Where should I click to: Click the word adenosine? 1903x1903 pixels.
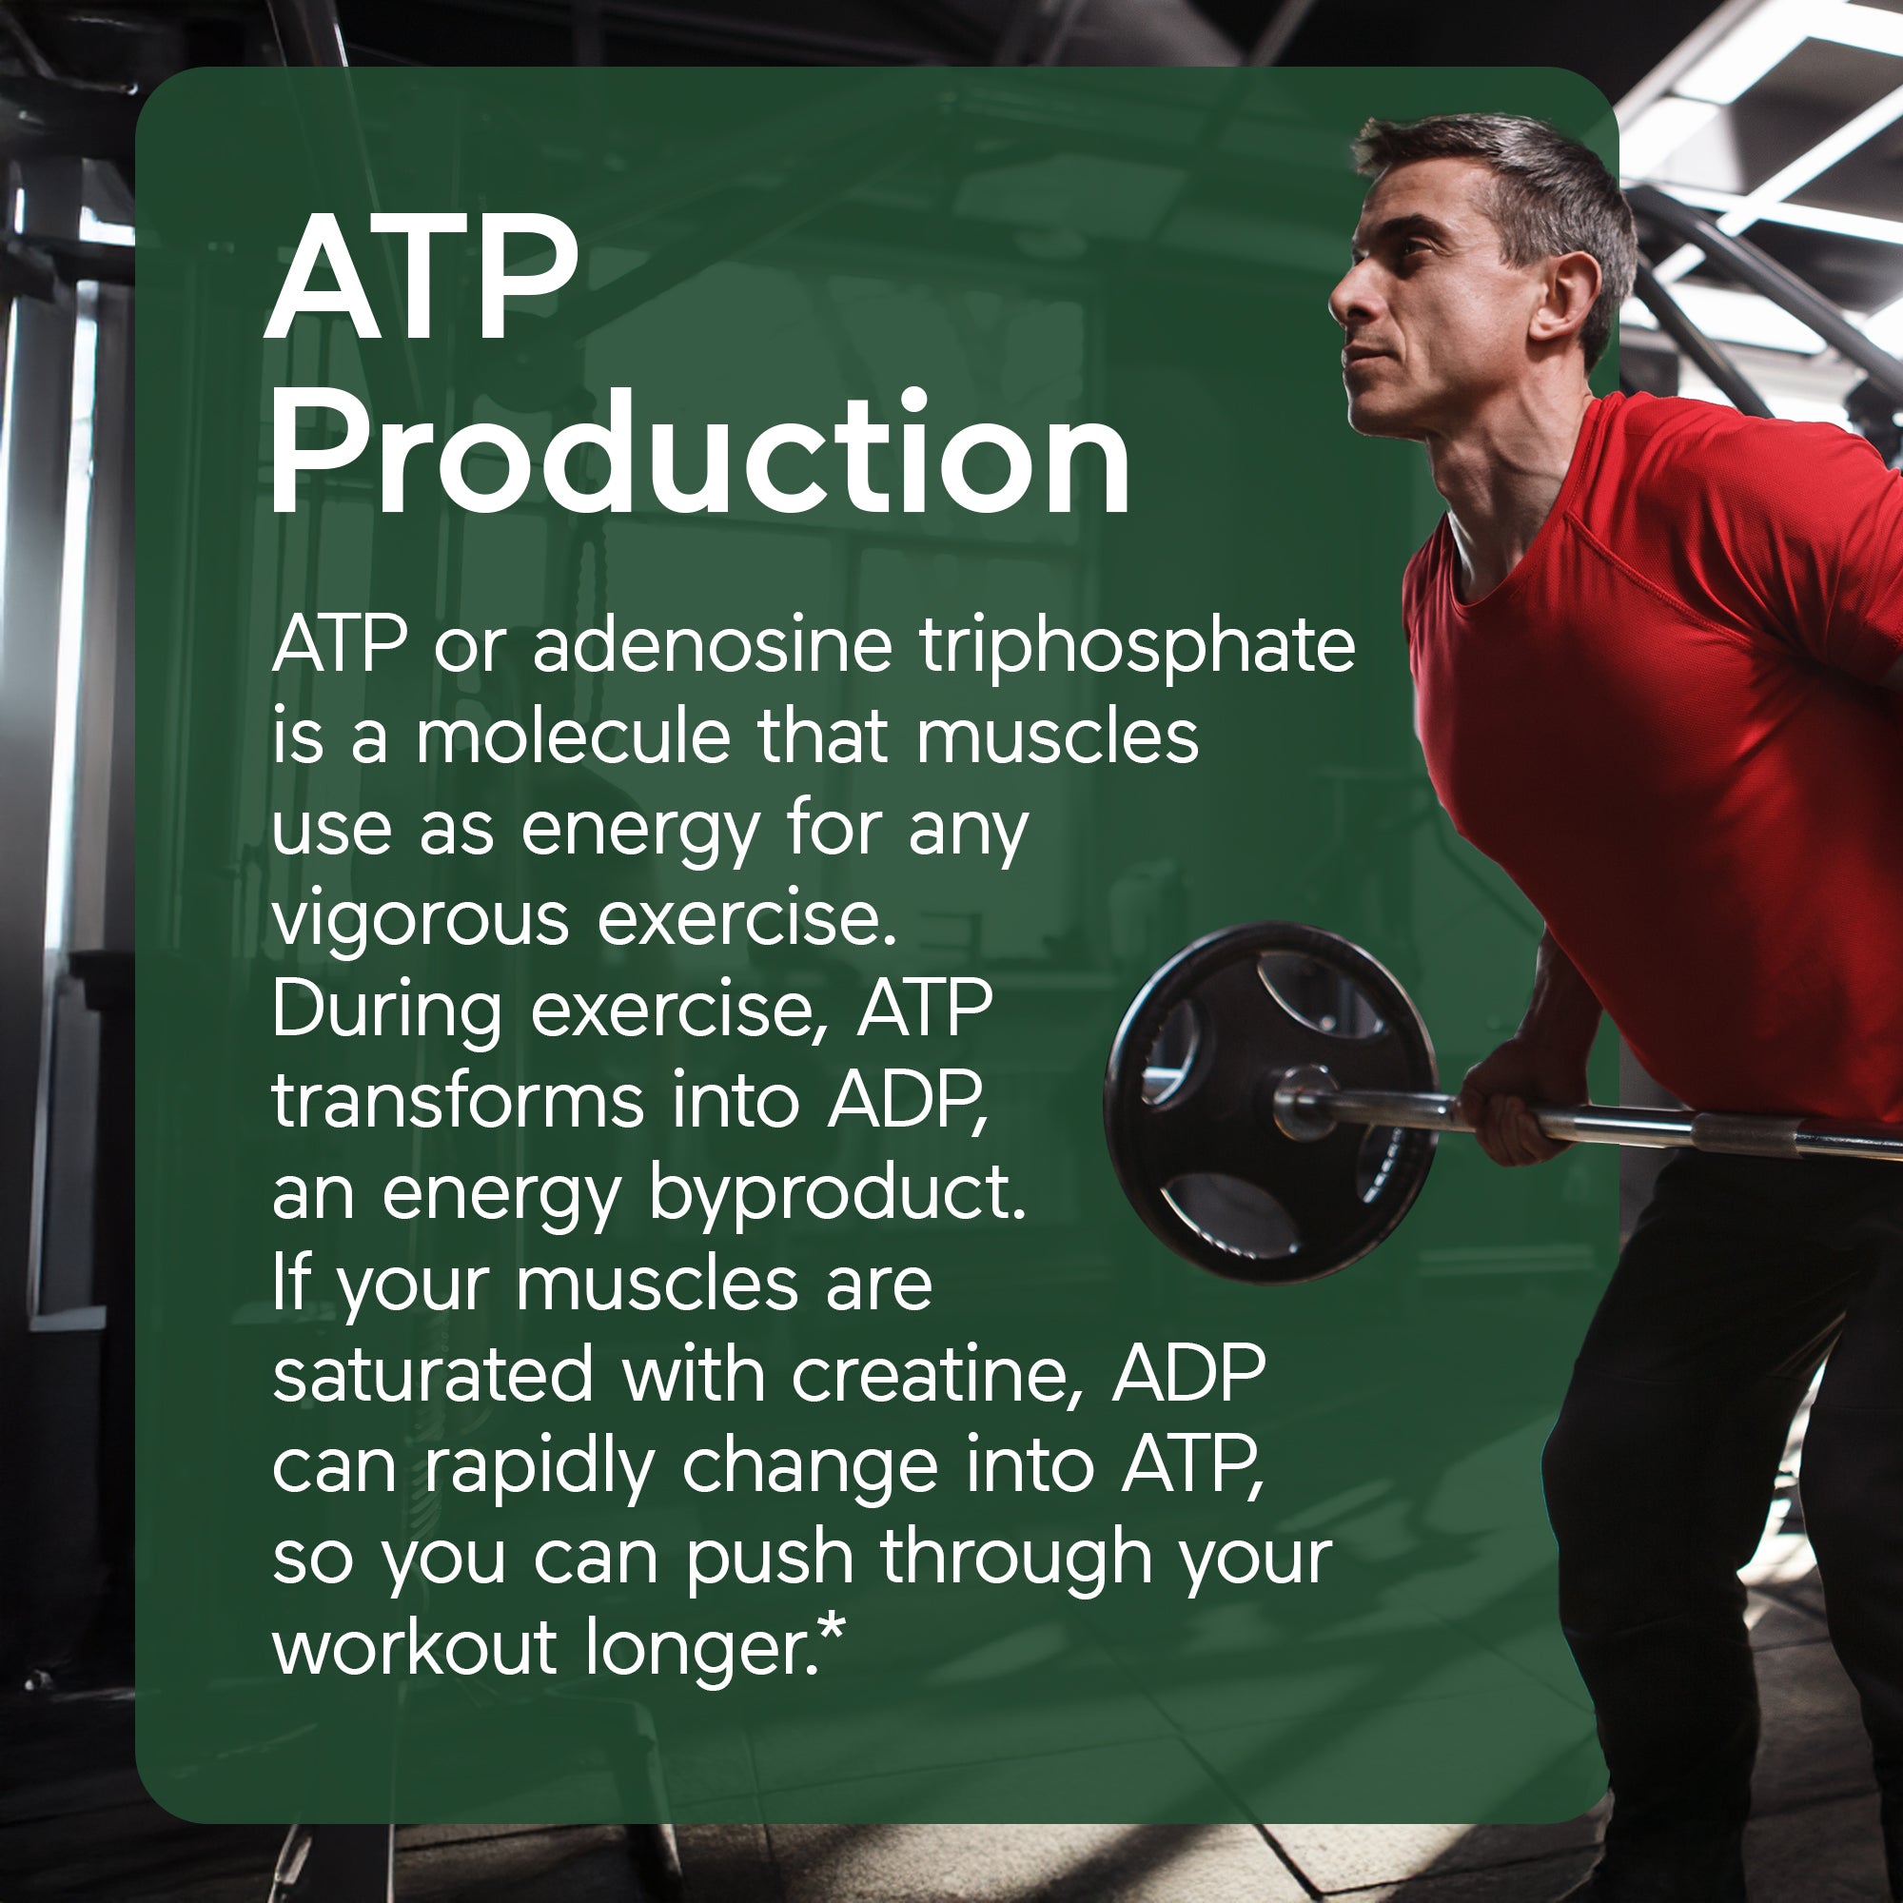pyautogui.click(x=712, y=646)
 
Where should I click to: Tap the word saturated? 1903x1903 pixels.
pyautogui.click(x=433, y=1375)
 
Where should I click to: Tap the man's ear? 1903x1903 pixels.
pyautogui.click(x=1567, y=296)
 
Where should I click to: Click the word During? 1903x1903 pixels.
pyautogui.click(x=386, y=1011)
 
